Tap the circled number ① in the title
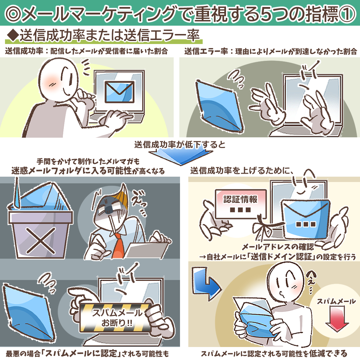click(346, 14)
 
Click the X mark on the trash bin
click(41, 240)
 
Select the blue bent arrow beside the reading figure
click(205, 284)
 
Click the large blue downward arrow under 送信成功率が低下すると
click(181, 156)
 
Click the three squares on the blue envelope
click(306, 224)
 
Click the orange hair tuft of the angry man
click(122, 195)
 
